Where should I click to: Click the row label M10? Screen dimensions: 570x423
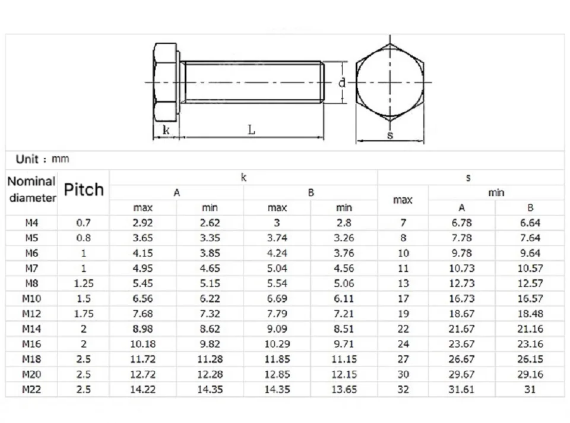31,299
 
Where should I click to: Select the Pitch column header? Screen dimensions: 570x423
84,190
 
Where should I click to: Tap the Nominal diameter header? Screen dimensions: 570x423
32,190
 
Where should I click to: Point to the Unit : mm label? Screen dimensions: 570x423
42,159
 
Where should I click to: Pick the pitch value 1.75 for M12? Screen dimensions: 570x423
84,314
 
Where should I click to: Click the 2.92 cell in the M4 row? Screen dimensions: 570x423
142,223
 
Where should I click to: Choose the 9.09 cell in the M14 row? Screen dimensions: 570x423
277,329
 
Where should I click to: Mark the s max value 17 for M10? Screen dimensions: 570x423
403,299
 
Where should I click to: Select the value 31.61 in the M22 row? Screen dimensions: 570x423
461,390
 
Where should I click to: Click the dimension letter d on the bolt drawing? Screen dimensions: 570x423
342,83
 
